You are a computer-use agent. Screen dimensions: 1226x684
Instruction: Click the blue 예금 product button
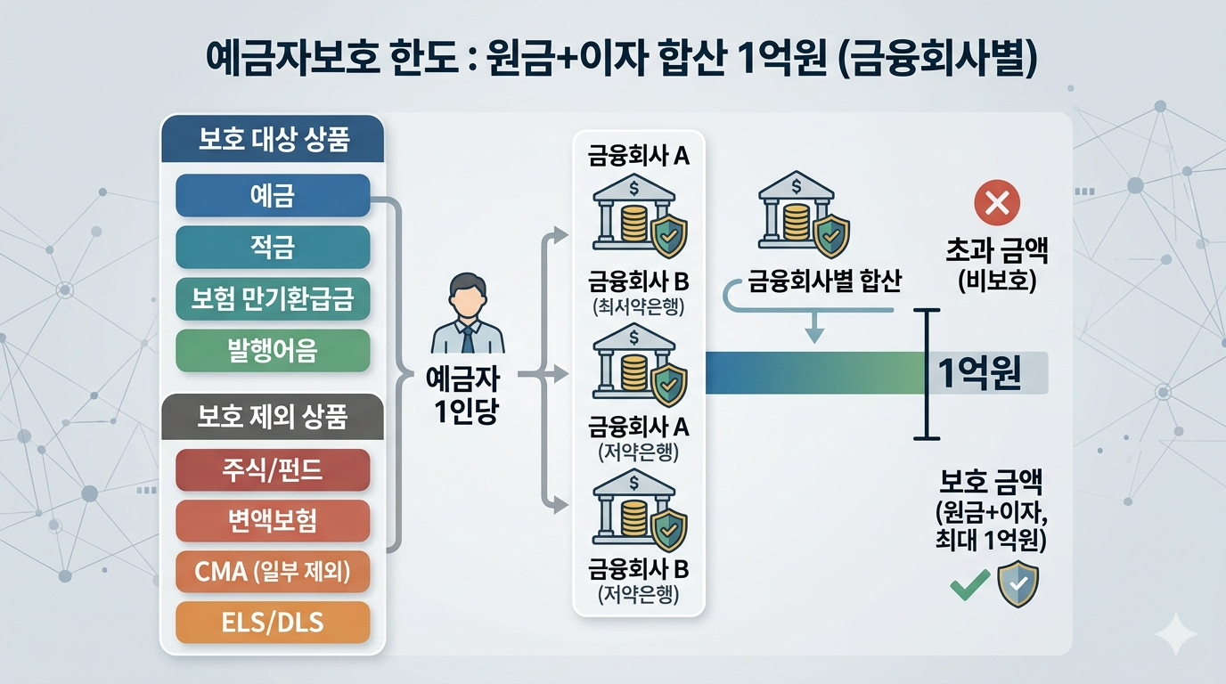[x=273, y=195]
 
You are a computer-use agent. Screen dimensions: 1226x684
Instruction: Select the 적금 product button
[x=273, y=247]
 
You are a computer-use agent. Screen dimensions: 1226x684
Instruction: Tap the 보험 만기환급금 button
[x=273, y=298]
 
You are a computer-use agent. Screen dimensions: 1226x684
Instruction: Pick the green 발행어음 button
[x=273, y=350]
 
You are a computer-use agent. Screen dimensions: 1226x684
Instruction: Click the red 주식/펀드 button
[x=273, y=469]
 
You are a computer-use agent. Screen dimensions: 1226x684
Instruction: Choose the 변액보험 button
[x=273, y=520]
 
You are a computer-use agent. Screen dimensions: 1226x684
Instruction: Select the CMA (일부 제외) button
[x=273, y=572]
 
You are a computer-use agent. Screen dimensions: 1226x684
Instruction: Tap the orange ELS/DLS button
[x=273, y=623]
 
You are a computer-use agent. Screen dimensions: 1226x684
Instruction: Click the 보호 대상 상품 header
[x=273, y=139]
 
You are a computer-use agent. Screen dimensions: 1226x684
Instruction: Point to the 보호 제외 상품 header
[x=273, y=417]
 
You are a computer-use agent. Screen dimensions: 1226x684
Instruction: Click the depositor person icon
[x=468, y=313]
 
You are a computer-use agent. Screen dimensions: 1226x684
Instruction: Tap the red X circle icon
[x=997, y=202]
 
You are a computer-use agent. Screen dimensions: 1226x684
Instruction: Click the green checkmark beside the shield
[x=970, y=584]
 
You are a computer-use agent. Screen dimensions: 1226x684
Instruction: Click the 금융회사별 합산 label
[x=824, y=281]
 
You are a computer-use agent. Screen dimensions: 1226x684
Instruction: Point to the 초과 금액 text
[x=997, y=250]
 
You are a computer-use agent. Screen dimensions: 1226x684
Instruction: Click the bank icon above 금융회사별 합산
[x=804, y=214]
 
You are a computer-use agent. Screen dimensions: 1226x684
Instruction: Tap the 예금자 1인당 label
[x=463, y=395]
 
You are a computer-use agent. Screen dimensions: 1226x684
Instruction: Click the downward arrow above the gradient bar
[x=815, y=327]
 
